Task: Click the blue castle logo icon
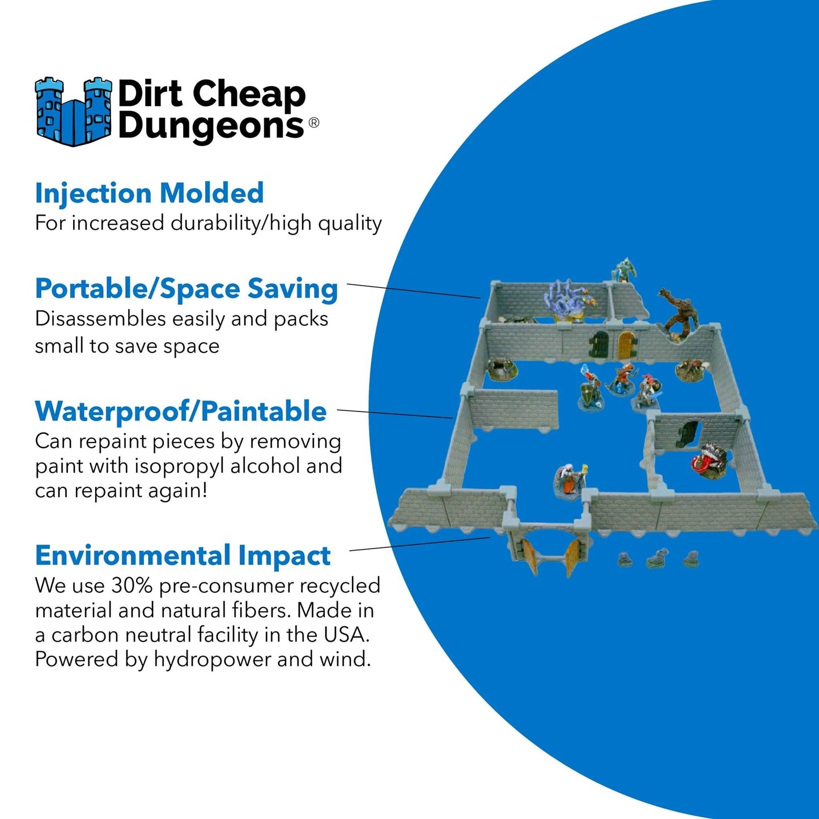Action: (73, 111)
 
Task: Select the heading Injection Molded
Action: (149, 193)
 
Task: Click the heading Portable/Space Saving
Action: (186, 288)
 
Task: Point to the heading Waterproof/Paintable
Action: (181, 411)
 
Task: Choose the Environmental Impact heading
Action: (183, 555)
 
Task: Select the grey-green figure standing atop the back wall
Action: (623, 270)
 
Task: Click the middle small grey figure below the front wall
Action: (657, 558)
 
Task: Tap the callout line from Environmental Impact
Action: (419, 544)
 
